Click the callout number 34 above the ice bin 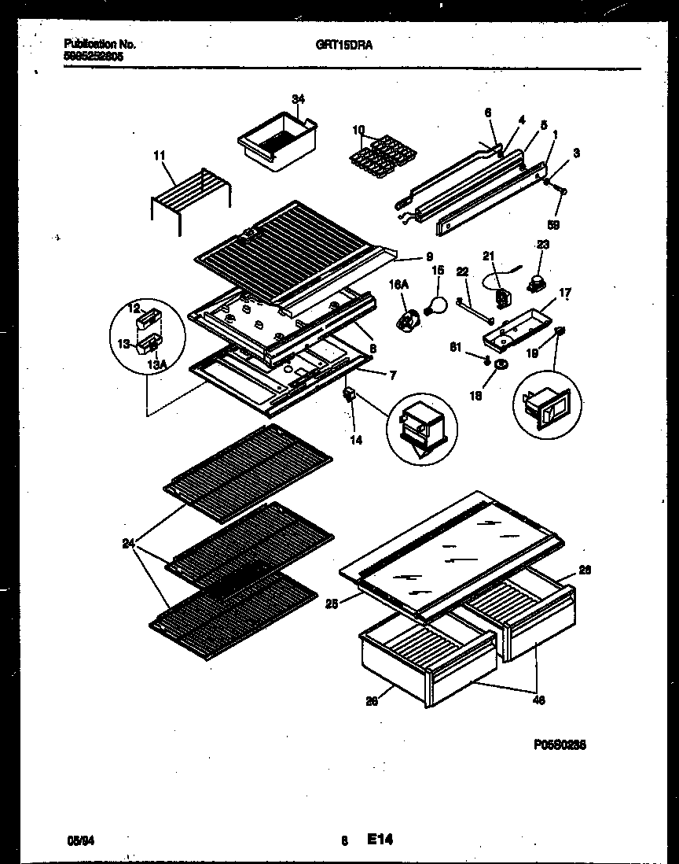click(x=298, y=99)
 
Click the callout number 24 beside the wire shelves click(x=128, y=543)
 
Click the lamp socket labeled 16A click(x=407, y=321)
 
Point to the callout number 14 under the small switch click(x=356, y=441)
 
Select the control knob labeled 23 click(x=538, y=281)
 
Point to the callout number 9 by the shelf click(x=429, y=256)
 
